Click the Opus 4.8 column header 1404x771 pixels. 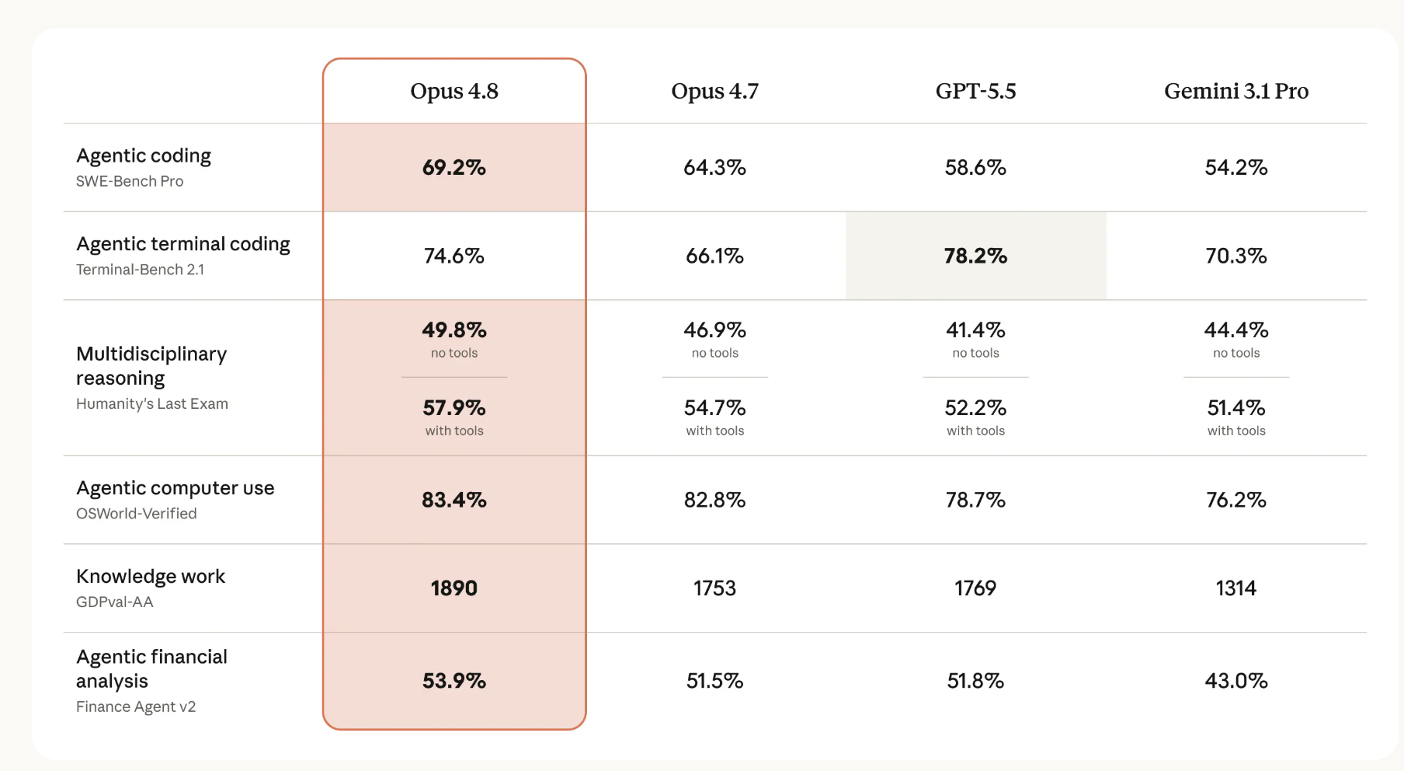(454, 92)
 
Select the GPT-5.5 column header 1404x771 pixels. (975, 92)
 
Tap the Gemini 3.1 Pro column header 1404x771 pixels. (1236, 92)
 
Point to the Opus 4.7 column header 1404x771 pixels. (714, 92)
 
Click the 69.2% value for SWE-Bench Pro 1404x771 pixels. (454, 167)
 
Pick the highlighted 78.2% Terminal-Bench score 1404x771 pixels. (975, 256)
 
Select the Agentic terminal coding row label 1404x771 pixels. (183, 244)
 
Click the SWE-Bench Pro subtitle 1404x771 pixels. (130, 181)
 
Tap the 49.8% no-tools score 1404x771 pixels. (454, 330)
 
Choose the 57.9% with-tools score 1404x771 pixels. (454, 407)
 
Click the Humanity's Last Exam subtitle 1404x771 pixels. (152, 403)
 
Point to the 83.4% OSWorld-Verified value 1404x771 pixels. (454, 500)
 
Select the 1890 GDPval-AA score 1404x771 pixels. (454, 588)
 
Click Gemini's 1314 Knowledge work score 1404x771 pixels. (1236, 588)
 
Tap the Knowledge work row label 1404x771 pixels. (151, 577)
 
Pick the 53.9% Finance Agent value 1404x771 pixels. (454, 681)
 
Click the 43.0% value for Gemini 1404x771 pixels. (1236, 681)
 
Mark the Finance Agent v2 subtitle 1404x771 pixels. (136, 706)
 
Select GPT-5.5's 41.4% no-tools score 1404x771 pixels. (975, 330)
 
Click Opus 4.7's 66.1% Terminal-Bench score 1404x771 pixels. (714, 256)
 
